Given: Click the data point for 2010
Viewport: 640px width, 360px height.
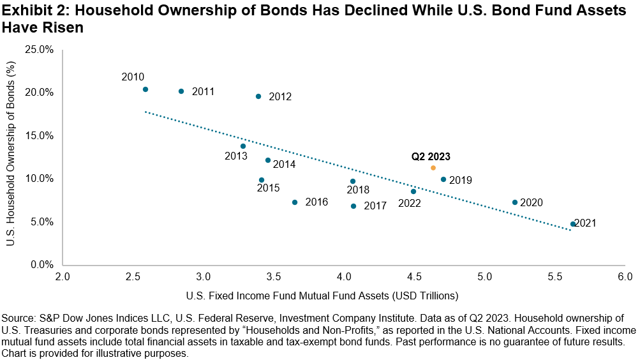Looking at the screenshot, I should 145,89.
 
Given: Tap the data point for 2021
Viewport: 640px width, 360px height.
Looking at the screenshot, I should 573,224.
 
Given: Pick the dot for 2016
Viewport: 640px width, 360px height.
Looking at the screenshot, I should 294,202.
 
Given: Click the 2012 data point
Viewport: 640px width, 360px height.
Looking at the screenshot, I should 258,96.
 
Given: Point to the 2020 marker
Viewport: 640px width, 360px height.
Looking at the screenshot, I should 515,202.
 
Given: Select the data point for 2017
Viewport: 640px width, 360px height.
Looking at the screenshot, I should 353,206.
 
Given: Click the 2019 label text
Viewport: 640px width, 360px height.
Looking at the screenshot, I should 461,181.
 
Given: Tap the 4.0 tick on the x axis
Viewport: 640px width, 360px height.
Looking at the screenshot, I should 345,277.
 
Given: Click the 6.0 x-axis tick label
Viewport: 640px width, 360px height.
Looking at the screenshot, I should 625,277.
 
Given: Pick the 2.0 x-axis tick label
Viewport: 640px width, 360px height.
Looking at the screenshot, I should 63,277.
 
